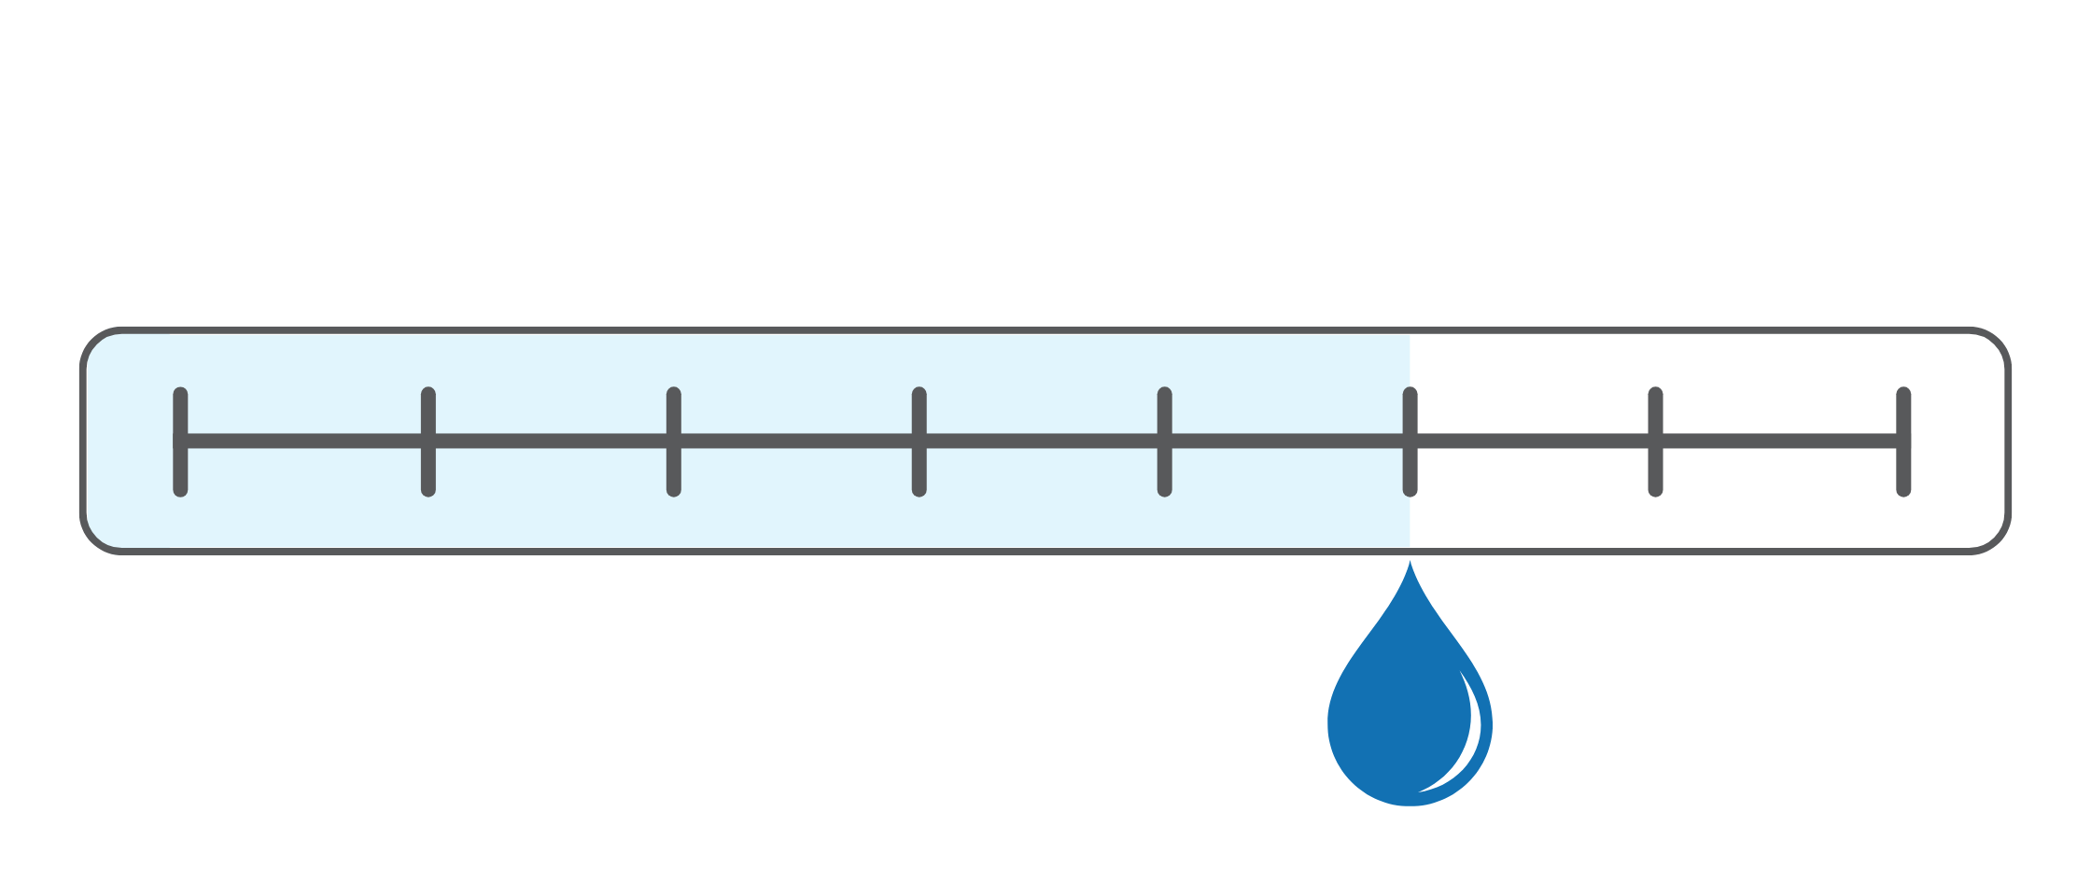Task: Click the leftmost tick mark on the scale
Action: point(180,441)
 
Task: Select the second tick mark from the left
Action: point(428,441)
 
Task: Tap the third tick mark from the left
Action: point(673,441)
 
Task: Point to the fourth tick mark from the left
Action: point(919,441)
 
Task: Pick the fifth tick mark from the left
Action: point(1164,441)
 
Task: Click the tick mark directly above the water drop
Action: point(1410,441)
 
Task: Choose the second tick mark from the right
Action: point(1655,441)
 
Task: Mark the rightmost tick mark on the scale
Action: point(1903,441)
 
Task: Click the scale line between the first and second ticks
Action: point(303,441)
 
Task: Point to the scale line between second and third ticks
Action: point(551,441)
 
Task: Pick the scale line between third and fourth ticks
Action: point(795,441)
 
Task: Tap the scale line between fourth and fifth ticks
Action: point(1041,441)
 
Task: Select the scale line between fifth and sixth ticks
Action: point(1286,441)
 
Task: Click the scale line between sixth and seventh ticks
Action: point(1532,441)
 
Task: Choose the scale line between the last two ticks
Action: point(1779,441)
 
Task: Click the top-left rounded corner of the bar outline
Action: point(93,342)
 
